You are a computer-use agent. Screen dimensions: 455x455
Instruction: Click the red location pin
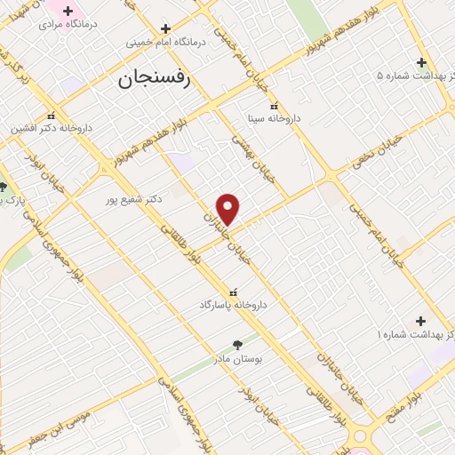pyautogui.click(x=228, y=209)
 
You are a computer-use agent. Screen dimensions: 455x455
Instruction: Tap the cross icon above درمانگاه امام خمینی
pyautogui.click(x=165, y=28)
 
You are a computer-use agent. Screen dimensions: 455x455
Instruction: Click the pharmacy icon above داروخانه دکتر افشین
pyautogui.click(x=52, y=115)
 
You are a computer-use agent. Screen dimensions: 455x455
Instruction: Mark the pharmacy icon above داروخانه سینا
pyautogui.click(x=274, y=106)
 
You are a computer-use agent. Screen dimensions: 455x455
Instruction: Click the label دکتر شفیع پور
pyautogui.click(x=132, y=199)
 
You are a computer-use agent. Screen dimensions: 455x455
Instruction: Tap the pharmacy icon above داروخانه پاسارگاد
pyautogui.click(x=233, y=291)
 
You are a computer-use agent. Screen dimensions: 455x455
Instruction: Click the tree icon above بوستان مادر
pyautogui.click(x=236, y=344)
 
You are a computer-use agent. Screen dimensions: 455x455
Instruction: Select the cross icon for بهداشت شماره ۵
pyautogui.click(x=422, y=62)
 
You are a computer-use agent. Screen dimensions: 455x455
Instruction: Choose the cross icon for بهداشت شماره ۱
pyautogui.click(x=420, y=321)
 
